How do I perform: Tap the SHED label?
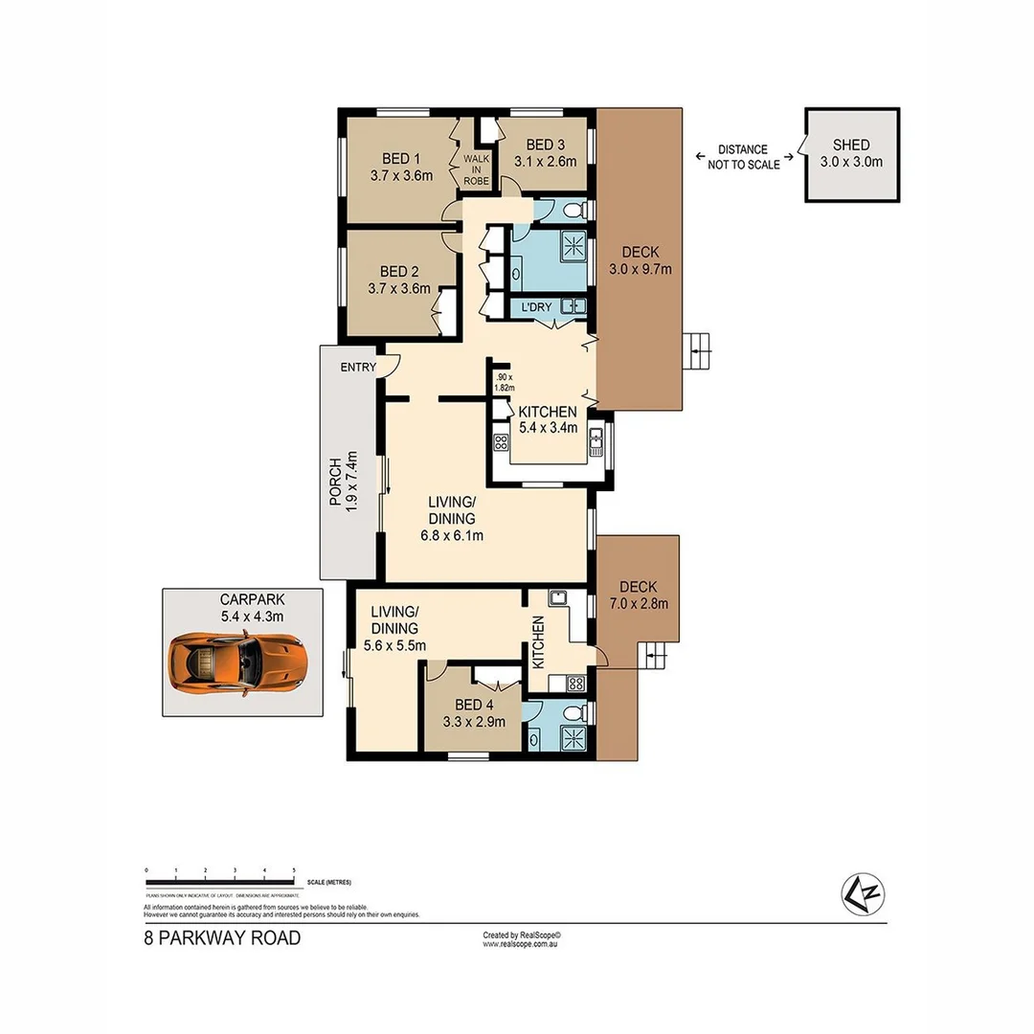[x=851, y=145]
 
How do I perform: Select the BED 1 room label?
[x=401, y=158]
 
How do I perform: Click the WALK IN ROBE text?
[x=476, y=169]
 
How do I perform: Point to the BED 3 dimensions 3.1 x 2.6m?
[x=545, y=162]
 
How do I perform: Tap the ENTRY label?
[x=357, y=367]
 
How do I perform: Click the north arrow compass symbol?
[x=862, y=895]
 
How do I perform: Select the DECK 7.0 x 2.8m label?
[x=637, y=595]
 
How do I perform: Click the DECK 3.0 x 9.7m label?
[x=641, y=260]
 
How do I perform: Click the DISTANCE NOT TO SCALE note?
[x=743, y=157]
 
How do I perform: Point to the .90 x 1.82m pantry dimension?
[x=505, y=382]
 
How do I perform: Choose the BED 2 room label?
[x=398, y=279]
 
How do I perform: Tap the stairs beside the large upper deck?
[x=699, y=350]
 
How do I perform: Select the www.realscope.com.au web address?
[x=520, y=944]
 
